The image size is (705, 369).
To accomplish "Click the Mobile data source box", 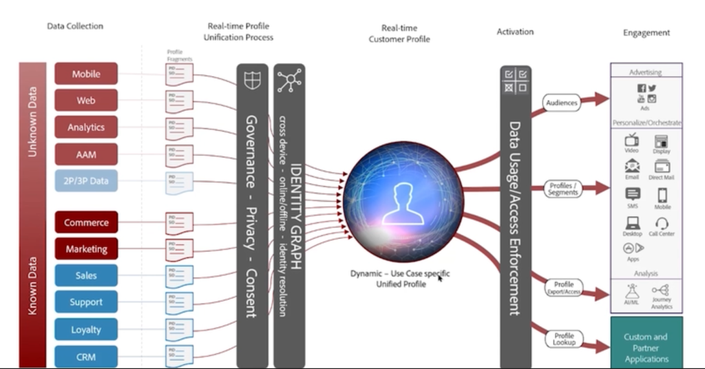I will coord(86,74).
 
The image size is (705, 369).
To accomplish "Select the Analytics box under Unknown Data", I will coord(86,127).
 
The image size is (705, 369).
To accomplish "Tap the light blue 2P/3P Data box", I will coord(86,181).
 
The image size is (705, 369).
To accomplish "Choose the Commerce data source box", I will coord(86,222).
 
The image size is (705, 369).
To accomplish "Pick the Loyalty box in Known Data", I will coord(86,330).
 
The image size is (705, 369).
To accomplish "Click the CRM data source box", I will coord(86,357).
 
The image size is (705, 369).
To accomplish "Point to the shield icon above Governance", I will coord(253,81).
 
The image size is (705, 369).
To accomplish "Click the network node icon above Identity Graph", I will coord(289,81).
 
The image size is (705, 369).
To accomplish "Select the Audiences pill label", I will coord(562,103).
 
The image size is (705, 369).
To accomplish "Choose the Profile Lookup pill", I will coord(564,339).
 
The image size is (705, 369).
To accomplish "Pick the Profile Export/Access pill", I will coord(564,288).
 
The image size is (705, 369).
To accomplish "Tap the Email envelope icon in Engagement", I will coord(632,167).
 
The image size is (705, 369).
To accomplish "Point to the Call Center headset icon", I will coord(662,224).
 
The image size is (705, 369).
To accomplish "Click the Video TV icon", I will coord(631,140).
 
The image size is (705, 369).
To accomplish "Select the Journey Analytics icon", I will coord(661,291).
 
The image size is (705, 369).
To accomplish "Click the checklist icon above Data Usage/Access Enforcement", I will coord(516,81).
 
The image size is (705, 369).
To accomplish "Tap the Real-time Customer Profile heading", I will coord(399,34).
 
